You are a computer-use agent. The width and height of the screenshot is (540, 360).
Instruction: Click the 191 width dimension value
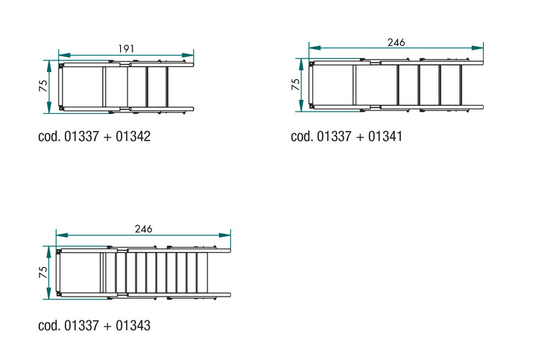point(126,49)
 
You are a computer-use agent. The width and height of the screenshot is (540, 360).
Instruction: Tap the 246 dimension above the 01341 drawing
point(396,42)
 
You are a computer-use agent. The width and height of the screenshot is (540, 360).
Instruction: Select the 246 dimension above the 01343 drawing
point(143,229)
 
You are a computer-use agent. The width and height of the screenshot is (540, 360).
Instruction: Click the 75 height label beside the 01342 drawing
point(43,86)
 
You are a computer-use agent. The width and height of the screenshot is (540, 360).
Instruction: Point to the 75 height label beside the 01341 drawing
point(295,84)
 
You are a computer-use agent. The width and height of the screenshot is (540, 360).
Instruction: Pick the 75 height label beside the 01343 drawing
point(43,272)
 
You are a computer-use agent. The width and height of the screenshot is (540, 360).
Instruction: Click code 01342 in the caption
point(133,136)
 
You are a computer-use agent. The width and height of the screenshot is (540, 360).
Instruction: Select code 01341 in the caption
point(385,136)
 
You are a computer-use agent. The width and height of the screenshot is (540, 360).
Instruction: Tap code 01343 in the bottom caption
point(133,325)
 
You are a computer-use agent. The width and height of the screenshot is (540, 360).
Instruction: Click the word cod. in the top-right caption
point(302,136)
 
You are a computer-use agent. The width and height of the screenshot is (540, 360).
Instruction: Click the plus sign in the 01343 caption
point(107,326)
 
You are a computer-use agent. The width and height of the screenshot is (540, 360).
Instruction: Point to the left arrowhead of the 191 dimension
point(64,55)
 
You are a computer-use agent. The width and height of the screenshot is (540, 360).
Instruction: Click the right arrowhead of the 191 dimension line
point(188,55)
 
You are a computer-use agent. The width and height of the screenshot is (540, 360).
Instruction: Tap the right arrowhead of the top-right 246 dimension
point(477,48)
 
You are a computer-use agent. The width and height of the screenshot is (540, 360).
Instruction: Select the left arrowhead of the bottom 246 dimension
point(62,235)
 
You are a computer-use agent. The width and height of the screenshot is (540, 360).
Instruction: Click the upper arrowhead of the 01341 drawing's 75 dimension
point(302,64)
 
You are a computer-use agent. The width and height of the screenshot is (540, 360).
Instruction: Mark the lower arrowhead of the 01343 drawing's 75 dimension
point(49,293)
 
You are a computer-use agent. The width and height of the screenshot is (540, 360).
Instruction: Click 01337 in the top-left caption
point(81,136)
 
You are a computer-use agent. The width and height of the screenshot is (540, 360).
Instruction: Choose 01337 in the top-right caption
point(334,136)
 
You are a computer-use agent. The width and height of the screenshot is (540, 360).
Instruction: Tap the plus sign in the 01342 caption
point(107,137)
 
